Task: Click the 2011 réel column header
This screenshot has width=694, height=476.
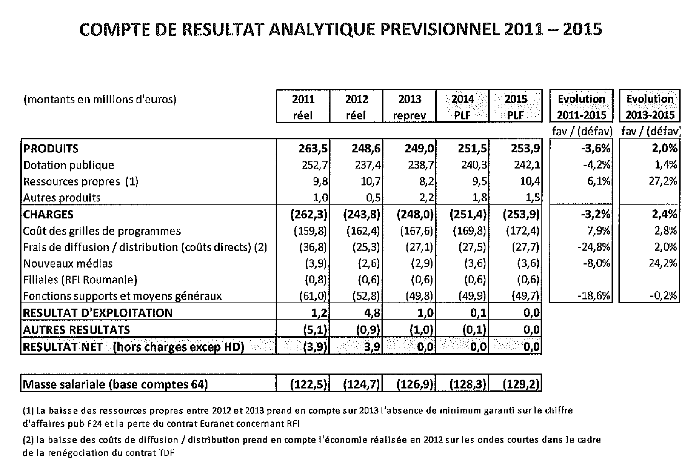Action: [x=303, y=106]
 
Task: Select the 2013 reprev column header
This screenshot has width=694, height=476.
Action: [x=409, y=106]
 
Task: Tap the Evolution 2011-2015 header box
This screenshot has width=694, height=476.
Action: [x=581, y=106]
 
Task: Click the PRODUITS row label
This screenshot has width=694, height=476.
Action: [x=51, y=149]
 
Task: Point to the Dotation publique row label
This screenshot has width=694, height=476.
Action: [x=69, y=165]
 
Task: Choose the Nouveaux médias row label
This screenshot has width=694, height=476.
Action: [x=68, y=263]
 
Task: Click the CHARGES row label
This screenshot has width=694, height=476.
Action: [x=48, y=214]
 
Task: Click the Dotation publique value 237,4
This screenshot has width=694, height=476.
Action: [x=365, y=165]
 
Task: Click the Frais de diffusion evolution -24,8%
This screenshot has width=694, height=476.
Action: [x=593, y=247]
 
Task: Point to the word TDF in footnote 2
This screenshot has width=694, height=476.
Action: [x=166, y=453]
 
